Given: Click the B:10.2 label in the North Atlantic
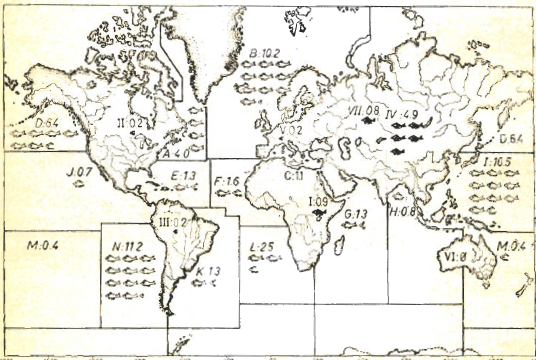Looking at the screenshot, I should [x=266, y=53].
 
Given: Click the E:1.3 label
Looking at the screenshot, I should [x=182, y=177].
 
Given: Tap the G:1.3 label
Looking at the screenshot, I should [x=355, y=213].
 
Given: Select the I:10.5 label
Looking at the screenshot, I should [x=497, y=160].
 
